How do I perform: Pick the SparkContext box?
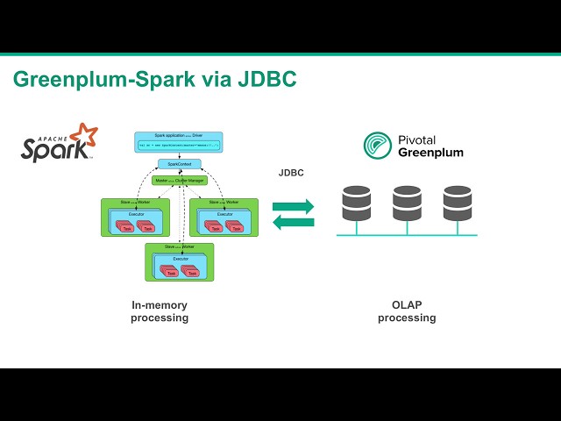coord(179,164)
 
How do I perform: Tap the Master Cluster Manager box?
coord(179,181)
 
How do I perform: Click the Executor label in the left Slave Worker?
coord(137,214)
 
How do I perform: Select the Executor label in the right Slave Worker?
coord(224,214)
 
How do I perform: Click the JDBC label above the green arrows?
coord(291,173)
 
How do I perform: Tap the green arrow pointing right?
coord(293,207)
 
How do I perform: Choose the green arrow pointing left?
coord(293,222)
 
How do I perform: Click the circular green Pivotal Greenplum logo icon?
coord(378,146)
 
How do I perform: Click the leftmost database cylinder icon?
coord(356,203)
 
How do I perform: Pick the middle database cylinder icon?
coord(407,203)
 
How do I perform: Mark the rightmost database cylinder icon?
coord(458,203)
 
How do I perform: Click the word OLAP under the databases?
coord(407,305)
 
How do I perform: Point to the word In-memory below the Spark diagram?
coord(160,305)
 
